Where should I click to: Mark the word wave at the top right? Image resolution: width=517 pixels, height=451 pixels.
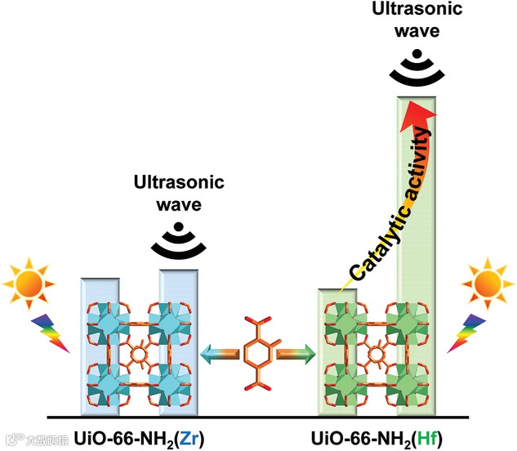tap(419, 30)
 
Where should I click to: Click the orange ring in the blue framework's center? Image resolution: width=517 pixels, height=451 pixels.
tap(140, 357)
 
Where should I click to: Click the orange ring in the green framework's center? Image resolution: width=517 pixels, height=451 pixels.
tap(379, 357)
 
